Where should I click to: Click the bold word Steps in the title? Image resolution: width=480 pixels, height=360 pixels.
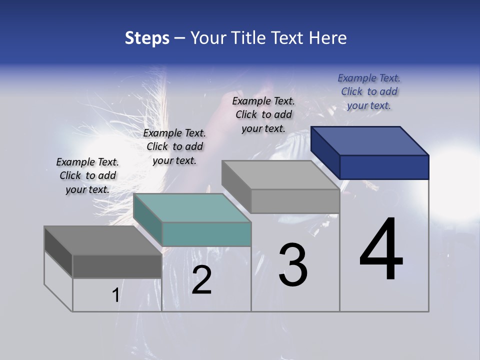coord(147,38)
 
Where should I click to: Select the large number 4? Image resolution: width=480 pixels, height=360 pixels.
coord(381,249)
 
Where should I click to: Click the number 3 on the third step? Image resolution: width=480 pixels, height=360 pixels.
coord(293,265)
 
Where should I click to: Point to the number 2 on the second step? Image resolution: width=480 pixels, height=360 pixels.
coord(201,280)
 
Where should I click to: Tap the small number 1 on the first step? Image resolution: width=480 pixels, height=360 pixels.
coord(115,295)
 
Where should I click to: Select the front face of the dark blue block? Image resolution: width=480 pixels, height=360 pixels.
coord(384,167)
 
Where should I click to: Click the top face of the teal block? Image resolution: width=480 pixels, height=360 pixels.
coord(192,207)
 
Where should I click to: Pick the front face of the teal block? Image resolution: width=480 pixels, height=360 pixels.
coord(206,234)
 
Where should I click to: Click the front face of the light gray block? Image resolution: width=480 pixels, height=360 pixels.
coord(295,201)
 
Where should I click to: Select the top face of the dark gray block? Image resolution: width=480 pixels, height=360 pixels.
coord(103,240)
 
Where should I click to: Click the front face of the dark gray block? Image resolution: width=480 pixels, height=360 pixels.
coord(117,266)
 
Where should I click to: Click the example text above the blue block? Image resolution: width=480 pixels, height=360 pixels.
coord(369,91)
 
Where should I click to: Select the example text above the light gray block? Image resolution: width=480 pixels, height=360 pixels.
coord(263,114)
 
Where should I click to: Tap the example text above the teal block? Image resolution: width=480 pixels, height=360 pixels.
coord(174,146)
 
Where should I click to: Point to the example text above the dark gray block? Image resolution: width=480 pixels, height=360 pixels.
coord(87,175)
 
